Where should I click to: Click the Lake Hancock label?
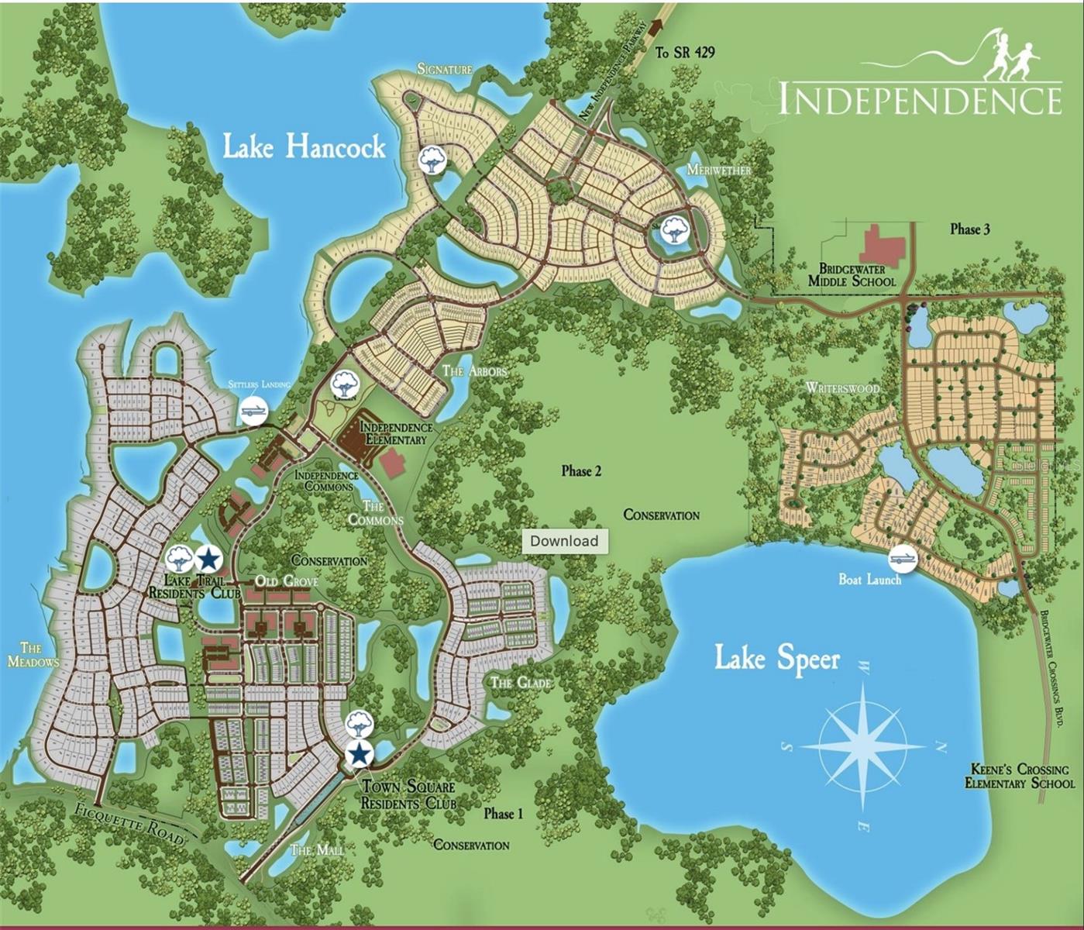[304, 146]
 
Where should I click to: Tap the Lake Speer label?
[776, 659]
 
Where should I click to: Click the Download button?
[564, 541]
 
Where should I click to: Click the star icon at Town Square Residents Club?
[359, 753]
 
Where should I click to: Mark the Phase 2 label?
[581, 471]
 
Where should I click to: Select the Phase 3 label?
[969, 229]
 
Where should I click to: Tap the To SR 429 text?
[685, 53]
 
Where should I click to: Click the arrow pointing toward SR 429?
[659, 26]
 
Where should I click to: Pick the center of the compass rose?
[862, 746]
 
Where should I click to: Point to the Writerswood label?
[842, 387]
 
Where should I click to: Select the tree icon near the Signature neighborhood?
[431, 160]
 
